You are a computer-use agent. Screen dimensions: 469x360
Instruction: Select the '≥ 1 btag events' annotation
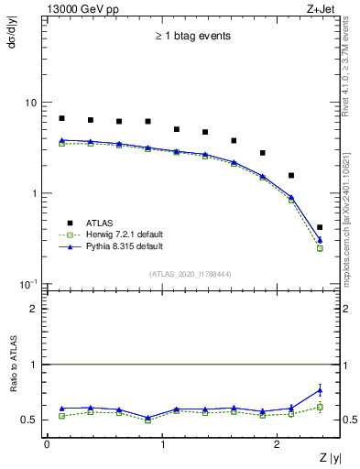pos(191,37)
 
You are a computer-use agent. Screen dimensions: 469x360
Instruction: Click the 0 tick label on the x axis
pos(47,443)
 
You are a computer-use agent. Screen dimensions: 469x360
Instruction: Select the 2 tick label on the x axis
pos(278,443)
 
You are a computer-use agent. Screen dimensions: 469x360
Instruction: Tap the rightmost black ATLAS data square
pos(320,227)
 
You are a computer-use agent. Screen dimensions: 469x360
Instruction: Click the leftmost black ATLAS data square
pos(61,118)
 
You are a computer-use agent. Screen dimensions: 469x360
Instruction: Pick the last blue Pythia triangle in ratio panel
pos(320,390)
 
